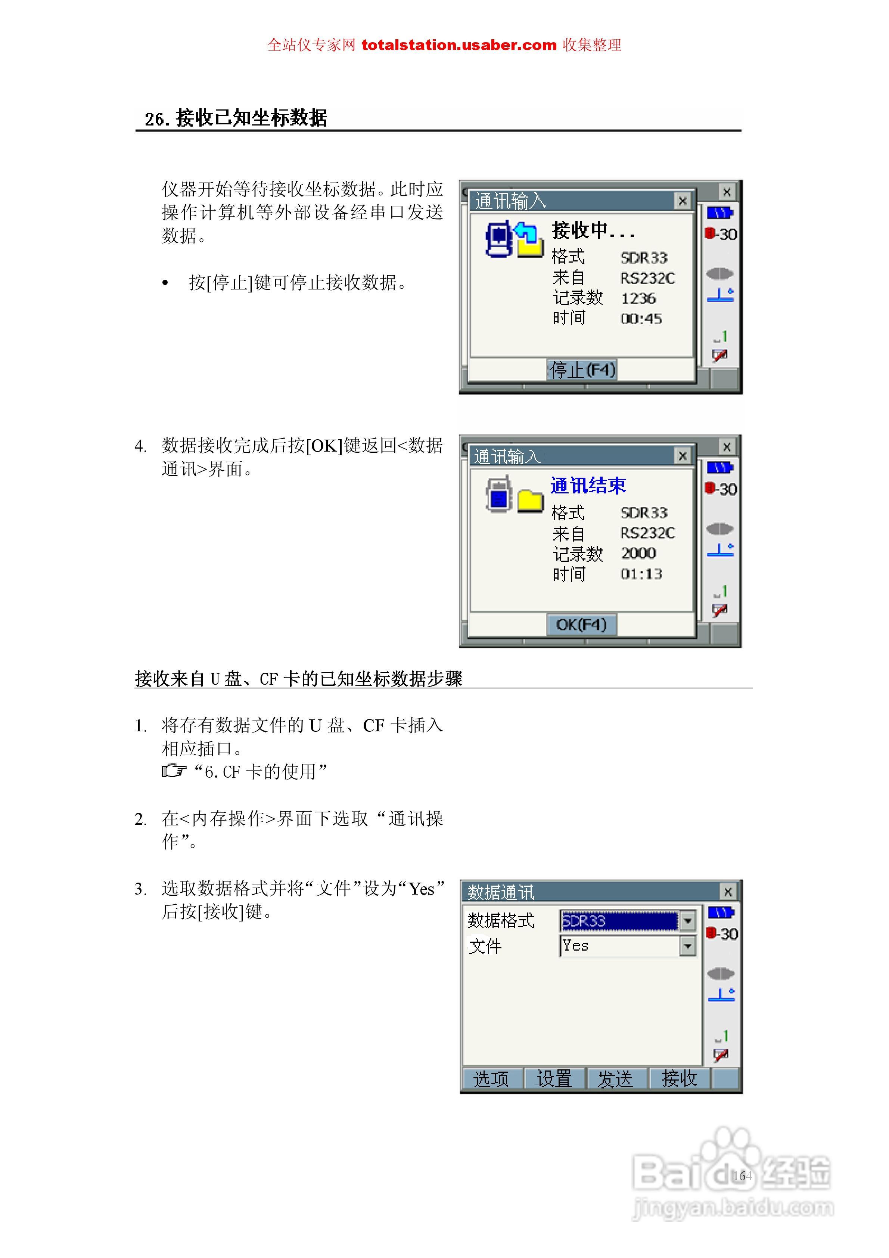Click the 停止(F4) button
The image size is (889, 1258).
[x=582, y=370]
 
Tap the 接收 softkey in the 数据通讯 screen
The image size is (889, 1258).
[x=679, y=1079]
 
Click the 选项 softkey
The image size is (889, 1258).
[x=491, y=1079]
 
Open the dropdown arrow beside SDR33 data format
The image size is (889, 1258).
[x=687, y=921]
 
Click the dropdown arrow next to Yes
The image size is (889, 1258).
[x=687, y=946]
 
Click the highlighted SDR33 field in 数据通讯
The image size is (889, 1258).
[x=619, y=921]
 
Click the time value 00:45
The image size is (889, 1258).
[x=641, y=319]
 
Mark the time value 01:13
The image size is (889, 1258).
[x=641, y=574]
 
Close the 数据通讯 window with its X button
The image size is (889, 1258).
[x=727, y=892]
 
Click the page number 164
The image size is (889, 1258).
[x=742, y=1176]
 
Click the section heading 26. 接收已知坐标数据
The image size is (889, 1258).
[x=236, y=118]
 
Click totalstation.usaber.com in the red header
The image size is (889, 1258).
[x=459, y=45]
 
